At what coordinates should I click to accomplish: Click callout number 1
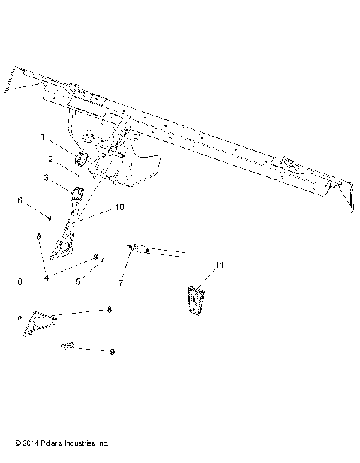pos(43,137)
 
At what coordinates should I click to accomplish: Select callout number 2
pos(50,159)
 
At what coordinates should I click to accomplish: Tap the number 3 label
pos(46,178)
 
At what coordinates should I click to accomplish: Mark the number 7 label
pos(120,284)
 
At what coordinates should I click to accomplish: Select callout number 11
pos(219,266)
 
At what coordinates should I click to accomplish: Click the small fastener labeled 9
pos(67,347)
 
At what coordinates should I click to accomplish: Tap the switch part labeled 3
pos(77,197)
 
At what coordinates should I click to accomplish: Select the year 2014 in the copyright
pos(20,443)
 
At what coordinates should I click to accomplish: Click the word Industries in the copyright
pos(79,443)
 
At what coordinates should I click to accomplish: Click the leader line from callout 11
pos(208,278)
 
